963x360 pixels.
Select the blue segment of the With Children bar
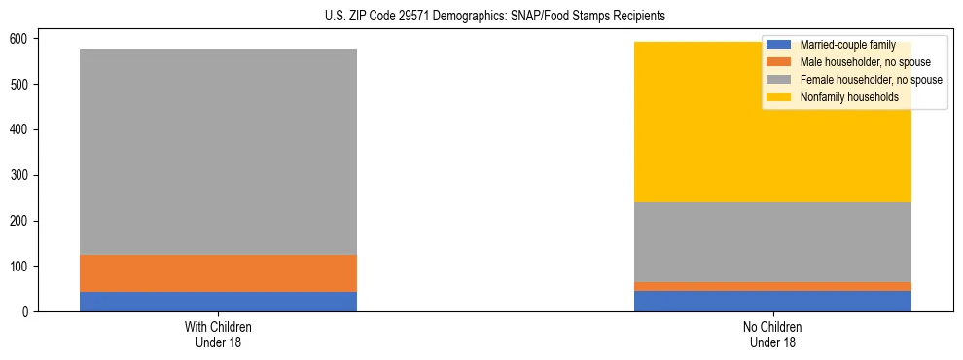(x=218, y=302)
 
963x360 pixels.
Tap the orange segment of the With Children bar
(x=218, y=273)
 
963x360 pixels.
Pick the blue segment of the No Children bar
(x=772, y=301)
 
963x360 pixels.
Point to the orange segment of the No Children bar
(x=772, y=286)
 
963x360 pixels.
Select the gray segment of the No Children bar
(x=772, y=242)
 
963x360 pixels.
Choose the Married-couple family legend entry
(x=847, y=45)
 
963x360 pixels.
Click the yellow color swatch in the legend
(x=779, y=97)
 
